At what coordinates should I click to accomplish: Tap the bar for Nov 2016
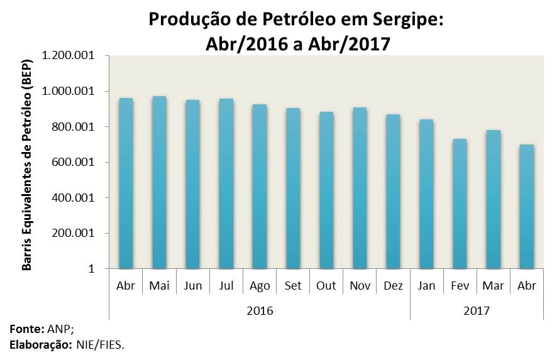(x=360, y=188)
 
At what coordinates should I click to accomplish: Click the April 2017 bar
(x=527, y=207)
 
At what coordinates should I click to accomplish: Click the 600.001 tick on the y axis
(x=74, y=162)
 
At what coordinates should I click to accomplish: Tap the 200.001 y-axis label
(x=74, y=233)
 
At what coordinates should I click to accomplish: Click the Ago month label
(x=260, y=286)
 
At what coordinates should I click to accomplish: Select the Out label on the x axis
(x=326, y=286)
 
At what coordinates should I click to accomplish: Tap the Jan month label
(x=426, y=286)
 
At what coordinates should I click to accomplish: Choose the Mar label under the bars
(x=493, y=286)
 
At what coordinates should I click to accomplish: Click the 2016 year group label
(x=260, y=310)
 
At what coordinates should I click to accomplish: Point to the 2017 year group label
(x=477, y=310)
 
